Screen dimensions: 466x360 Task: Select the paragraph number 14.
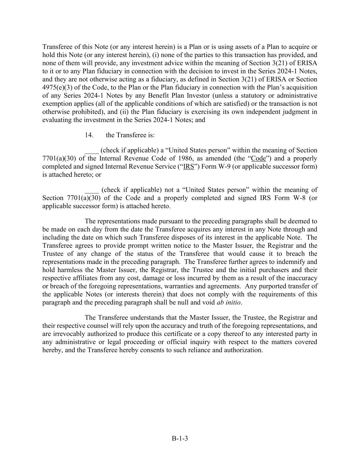(89, 135)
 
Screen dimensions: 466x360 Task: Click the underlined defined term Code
(258, 158)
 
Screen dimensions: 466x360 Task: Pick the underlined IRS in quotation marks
(189, 167)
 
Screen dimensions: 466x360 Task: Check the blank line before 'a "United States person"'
(91, 151)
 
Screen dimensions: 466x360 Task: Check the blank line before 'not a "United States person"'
(91, 190)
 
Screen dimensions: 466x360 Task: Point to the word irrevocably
(70, 334)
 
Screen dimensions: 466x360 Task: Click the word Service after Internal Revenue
(165, 167)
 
